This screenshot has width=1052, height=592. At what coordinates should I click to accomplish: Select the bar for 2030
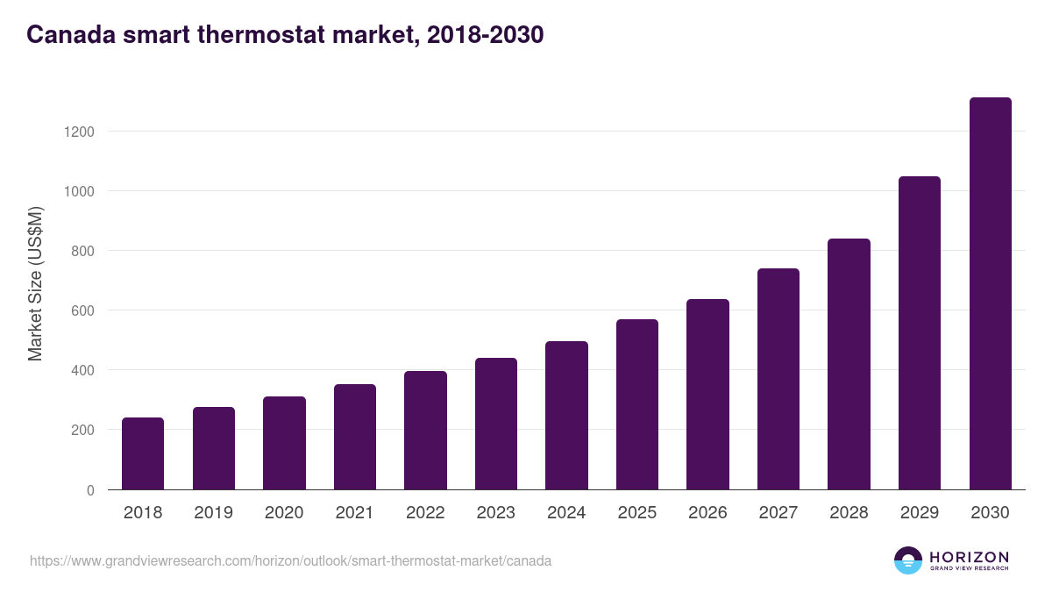coord(990,294)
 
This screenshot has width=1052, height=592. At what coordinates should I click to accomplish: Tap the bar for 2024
coord(566,416)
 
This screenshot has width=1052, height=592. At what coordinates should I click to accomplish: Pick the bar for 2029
coord(920,333)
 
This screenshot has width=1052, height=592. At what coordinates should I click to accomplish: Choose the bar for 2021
coord(355,437)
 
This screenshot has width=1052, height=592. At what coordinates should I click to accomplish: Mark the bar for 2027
coord(778,379)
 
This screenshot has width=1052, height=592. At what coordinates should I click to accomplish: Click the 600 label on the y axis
coord(82,310)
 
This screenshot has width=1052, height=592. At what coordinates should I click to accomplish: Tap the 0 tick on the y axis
coord(90,489)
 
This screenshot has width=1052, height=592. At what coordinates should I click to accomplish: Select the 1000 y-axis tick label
coord(77,191)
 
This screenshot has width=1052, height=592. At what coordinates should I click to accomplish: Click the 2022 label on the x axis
coord(425,513)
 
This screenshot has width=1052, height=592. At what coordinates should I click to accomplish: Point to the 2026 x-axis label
coord(707,513)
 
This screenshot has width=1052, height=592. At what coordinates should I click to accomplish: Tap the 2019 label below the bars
coord(213,513)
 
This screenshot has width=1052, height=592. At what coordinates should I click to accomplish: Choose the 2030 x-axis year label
coord(990,513)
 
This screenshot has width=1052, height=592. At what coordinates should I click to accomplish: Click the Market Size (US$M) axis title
coord(35,283)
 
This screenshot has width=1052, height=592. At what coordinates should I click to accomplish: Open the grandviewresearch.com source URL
coord(290,560)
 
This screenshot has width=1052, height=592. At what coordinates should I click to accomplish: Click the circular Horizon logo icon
coord(907,560)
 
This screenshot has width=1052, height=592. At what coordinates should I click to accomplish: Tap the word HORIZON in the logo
coord(969,556)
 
